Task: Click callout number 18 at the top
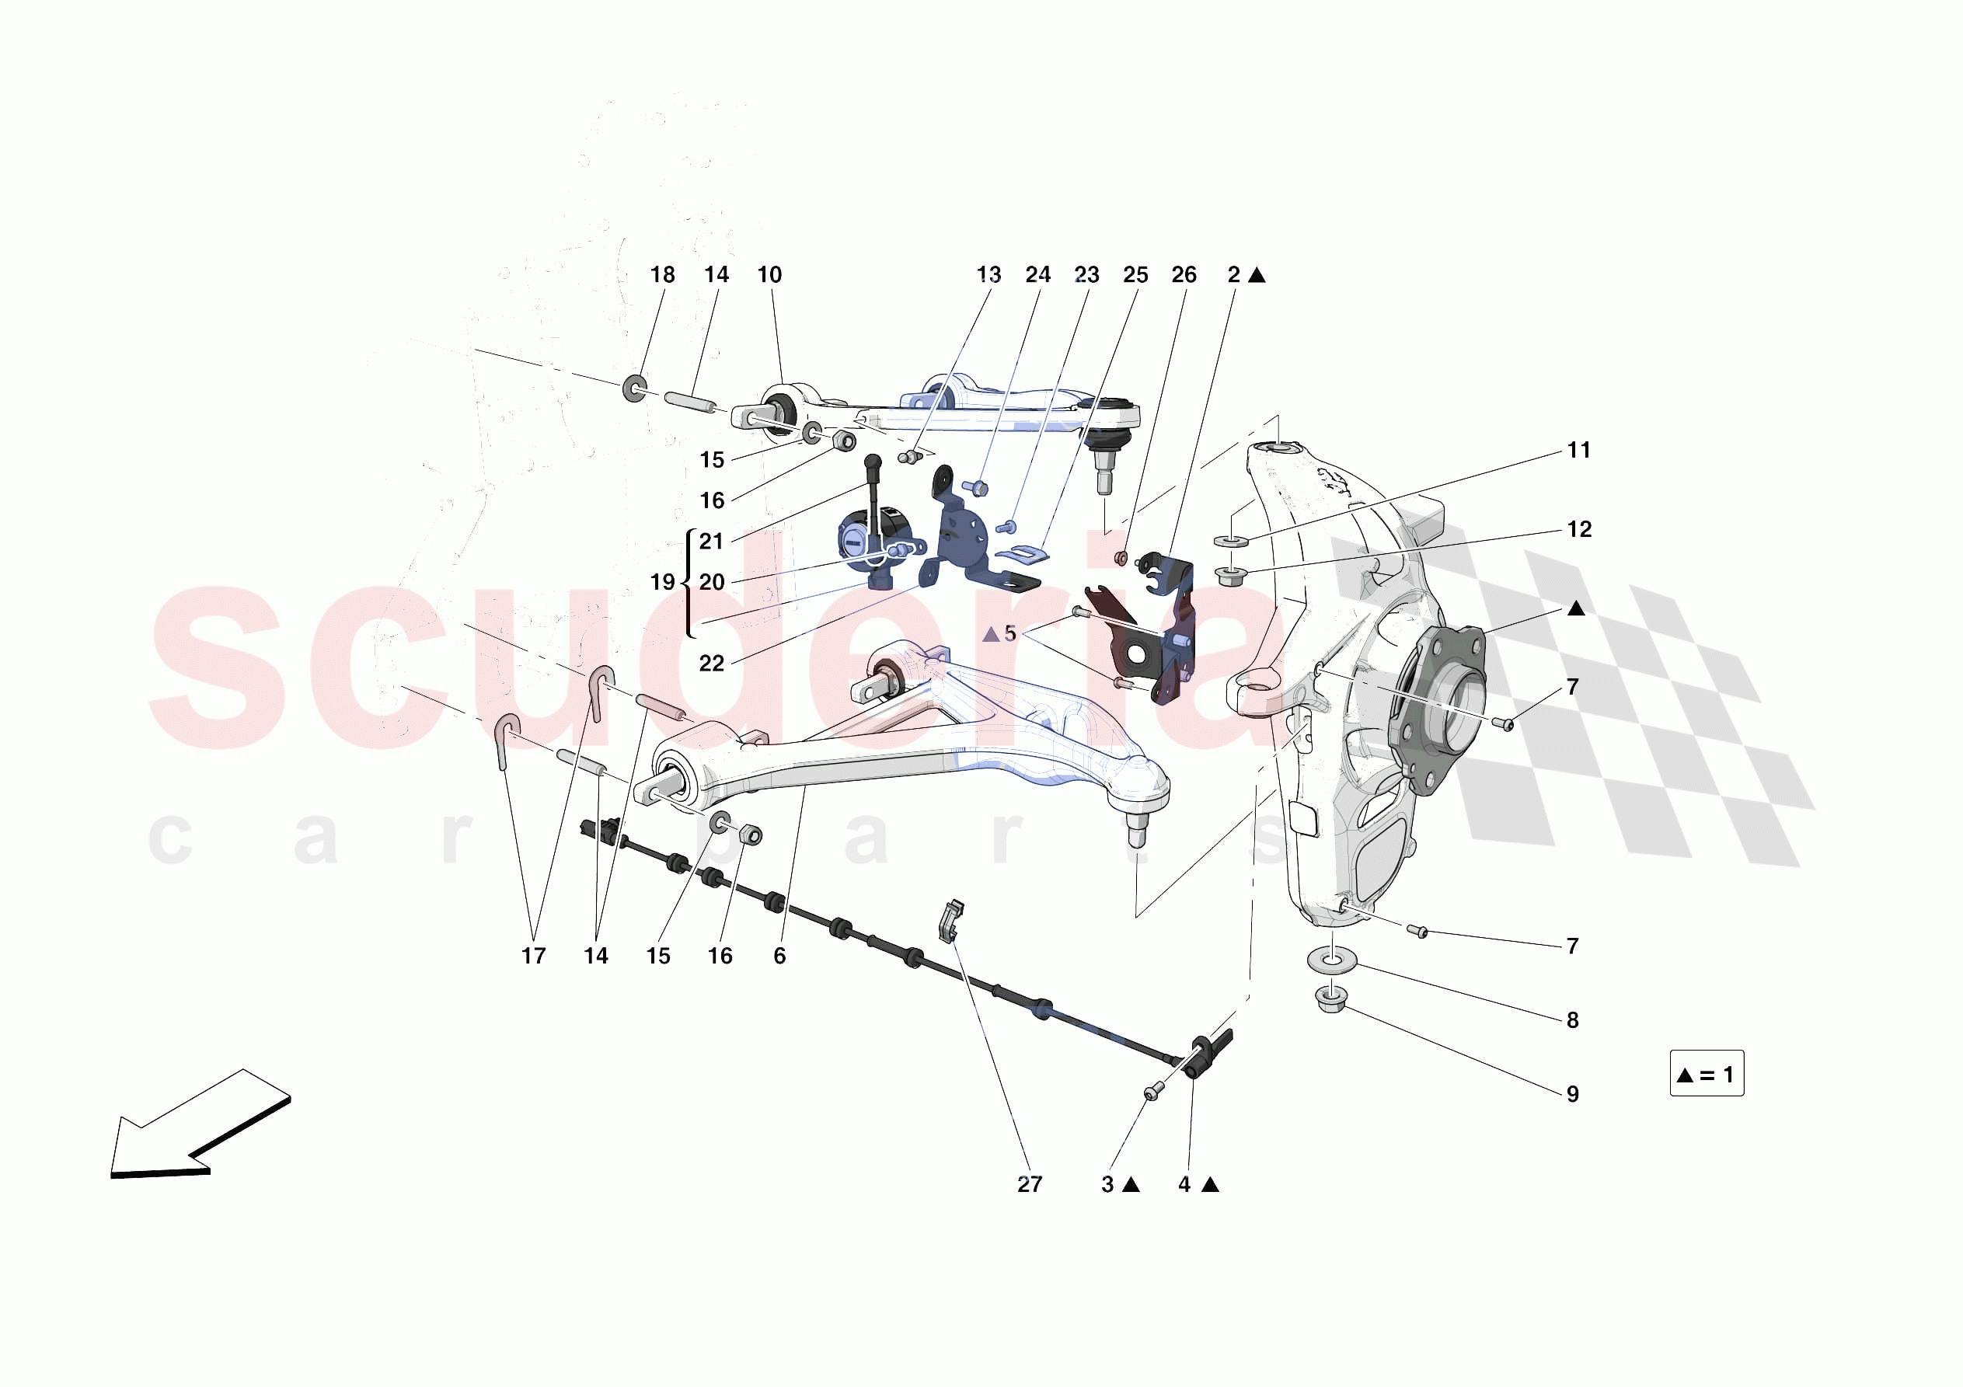point(662,274)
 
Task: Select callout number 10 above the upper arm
point(769,274)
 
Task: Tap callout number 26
point(1184,274)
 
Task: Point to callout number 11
point(1578,451)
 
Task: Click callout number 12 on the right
point(1579,529)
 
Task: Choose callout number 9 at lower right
point(1572,1094)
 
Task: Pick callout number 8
point(1572,1019)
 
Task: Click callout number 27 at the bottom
point(1030,1183)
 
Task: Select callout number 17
point(534,955)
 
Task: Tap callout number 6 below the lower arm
point(779,955)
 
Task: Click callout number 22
point(711,663)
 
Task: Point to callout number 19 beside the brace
point(662,582)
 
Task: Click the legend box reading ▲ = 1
point(1707,1073)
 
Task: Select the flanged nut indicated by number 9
point(1330,998)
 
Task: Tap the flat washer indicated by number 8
point(1331,959)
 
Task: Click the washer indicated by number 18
point(634,389)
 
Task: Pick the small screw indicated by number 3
point(1152,1092)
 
